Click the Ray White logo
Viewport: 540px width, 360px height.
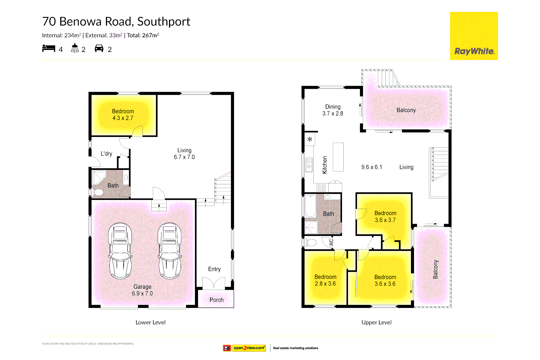pos(474,36)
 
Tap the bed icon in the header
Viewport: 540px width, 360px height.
pos(49,49)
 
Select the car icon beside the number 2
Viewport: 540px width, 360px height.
pos(99,49)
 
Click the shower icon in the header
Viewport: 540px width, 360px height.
pos(75,48)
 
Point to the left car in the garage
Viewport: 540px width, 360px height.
pos(120,251)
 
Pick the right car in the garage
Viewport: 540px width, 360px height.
pos(170,251)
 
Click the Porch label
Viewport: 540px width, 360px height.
pos(216,300)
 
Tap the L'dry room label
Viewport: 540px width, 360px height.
pos(106,154)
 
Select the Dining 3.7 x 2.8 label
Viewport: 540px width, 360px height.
pos(333,110)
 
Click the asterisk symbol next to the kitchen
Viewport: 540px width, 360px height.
pos(310,139)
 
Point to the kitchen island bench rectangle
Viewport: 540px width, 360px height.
pos(338,157)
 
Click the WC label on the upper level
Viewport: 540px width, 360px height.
pos(331,242)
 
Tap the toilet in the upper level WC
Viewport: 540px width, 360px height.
pos(311,242)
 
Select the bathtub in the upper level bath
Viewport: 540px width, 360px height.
pos(311,206)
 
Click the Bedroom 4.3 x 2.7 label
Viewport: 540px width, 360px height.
pos(123,115)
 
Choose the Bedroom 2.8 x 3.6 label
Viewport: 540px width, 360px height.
pos(325,280)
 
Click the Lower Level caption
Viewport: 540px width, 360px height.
pos(150,322)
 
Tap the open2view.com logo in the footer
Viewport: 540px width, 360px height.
pos(249,348)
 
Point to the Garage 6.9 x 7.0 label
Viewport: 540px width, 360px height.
pos(142,290)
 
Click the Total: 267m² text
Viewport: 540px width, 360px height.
pos(143,35)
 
